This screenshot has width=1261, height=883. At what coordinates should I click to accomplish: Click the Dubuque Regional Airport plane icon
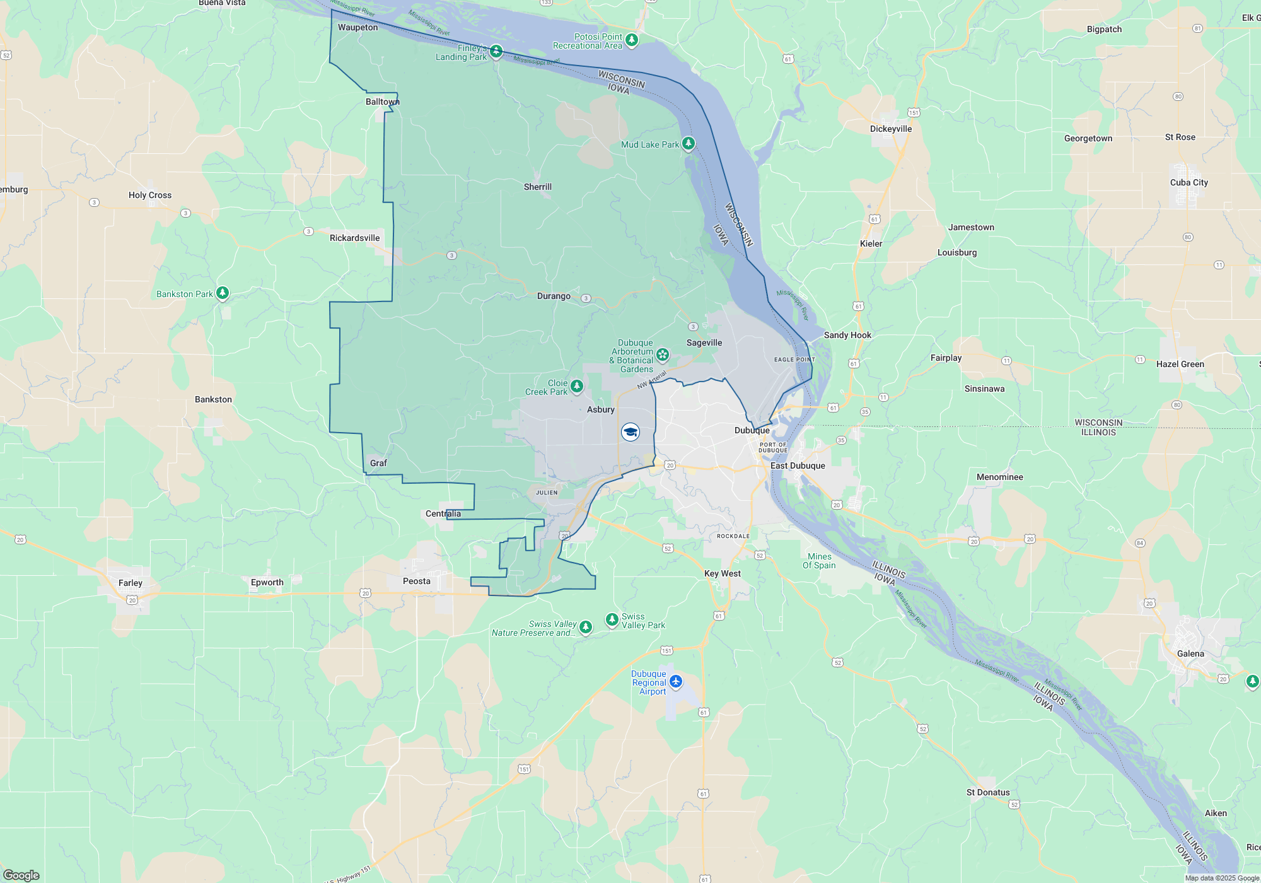click(676, 681)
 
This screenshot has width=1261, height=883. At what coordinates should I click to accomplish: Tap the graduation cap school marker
click(630, 432)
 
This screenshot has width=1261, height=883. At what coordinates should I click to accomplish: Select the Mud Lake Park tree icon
click(689, 144)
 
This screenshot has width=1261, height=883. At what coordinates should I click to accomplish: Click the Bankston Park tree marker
click(222, 293)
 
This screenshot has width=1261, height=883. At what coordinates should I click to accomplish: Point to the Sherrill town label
click(538, 187)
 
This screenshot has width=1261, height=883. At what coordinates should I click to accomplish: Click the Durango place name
click(554, 296)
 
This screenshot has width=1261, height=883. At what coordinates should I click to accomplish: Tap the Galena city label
click(1190, 653)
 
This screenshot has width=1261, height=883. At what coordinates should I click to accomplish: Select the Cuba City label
click(1189, 182)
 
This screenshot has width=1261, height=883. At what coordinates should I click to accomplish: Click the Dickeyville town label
click(891, 129)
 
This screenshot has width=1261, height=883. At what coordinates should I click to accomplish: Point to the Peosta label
click(417, 581)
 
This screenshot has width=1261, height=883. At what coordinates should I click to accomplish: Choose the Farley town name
click(131, 583)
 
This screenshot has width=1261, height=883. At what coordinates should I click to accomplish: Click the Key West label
click(723, 573)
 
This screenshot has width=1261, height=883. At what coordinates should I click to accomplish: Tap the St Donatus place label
click(988, 792)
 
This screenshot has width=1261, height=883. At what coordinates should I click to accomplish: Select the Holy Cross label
click(150, 195)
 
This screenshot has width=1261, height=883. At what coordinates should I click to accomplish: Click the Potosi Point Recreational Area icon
click(632, 40)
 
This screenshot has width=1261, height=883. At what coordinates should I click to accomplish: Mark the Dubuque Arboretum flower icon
click(663, 354)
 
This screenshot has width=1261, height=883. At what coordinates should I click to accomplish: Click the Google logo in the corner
click(21, 875)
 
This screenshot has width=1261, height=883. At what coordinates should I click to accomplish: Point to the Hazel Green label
click(1180, 364)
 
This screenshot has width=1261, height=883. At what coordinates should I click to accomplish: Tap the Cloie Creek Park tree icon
click(576, 385)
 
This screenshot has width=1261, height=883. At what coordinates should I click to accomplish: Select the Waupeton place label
click(358, 27)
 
